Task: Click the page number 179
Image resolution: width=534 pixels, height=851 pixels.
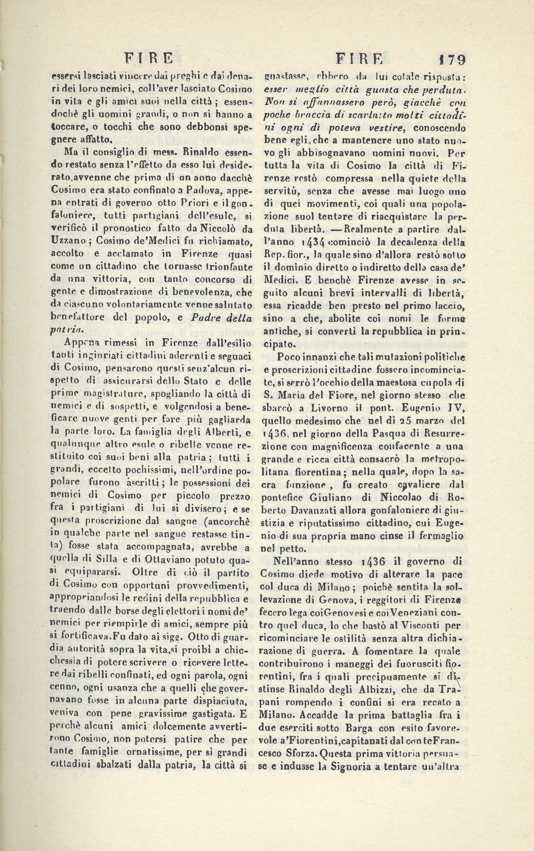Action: coord(452,60)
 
